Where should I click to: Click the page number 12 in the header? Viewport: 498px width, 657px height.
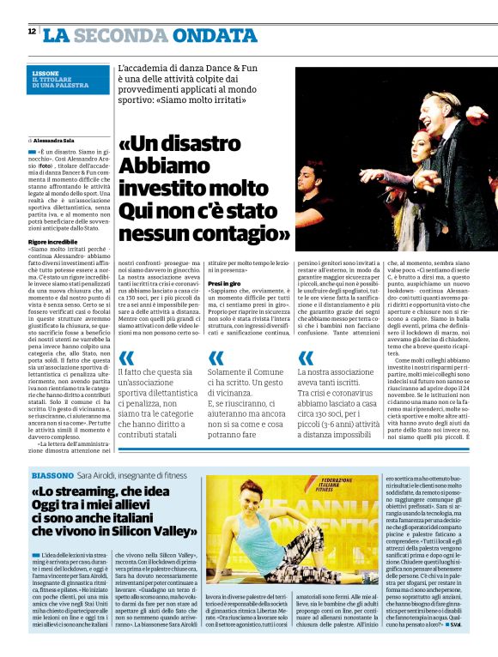pyautogui.click(x=32, y=32)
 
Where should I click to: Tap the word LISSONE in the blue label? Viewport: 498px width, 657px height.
pyautogui.click(x=46, y=73)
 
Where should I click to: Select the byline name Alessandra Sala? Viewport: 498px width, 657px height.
pyautogui.click(x=56, y=139)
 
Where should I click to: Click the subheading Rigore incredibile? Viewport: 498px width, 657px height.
pyautogui.click(x=53, y=244)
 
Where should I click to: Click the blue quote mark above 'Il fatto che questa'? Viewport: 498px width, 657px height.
pyautogui.click(x=126, y=357)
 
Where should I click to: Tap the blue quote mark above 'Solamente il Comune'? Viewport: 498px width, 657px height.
pyautogui.click(x=217, y=357)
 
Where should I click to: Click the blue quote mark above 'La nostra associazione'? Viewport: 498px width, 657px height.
pyautogui.click(x=305, y=357)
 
